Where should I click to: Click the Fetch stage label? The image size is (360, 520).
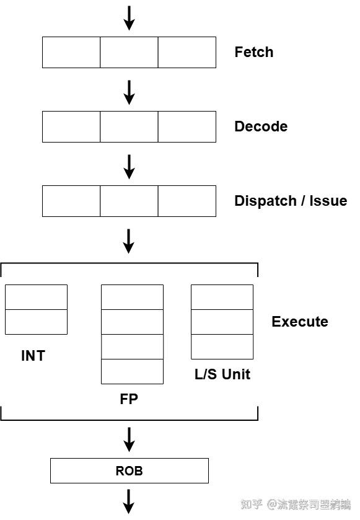pyautogui.click(x=253, y=52)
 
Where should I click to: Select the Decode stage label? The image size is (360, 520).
pyautogui.click(x=260, y=126)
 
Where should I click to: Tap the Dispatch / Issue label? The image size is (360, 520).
pyautogui.click(x=290, y=201)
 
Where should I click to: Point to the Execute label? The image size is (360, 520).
pyautogui.click(x=299, y=322)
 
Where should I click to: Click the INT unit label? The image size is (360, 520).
pyautogui.click(x=33, y=356)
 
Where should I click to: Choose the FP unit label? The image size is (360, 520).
pyautogui.click(x=129, y=399)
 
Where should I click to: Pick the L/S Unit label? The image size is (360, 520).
pyautogui.click(x=222, y=374)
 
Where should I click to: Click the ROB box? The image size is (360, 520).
pyautogui.click(x=129, y=471)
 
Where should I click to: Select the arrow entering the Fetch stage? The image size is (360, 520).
pyautogui.click(x=129, y=17)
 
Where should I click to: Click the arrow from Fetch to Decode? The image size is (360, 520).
pyautogui.click(x=129, y=92)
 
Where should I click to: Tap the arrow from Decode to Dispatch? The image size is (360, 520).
pyautogui.click(x=129, y=166)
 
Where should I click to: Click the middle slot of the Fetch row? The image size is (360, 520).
pyautogui.click(x=129, y=52)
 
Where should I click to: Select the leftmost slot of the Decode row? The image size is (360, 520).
pyautogui.click(x=71, y=126)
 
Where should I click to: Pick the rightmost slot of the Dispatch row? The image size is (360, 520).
pyautogui.click(x=187, y=201)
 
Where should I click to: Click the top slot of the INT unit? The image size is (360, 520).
pyautogui.click(x=36, y=297)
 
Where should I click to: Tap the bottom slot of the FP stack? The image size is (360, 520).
pyautogui.click(x=132, y=371)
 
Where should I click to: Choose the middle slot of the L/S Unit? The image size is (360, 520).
pyautogui.click(x=222, y=322)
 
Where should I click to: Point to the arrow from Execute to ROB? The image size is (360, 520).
pyautogui.click(x=129, y=439)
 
